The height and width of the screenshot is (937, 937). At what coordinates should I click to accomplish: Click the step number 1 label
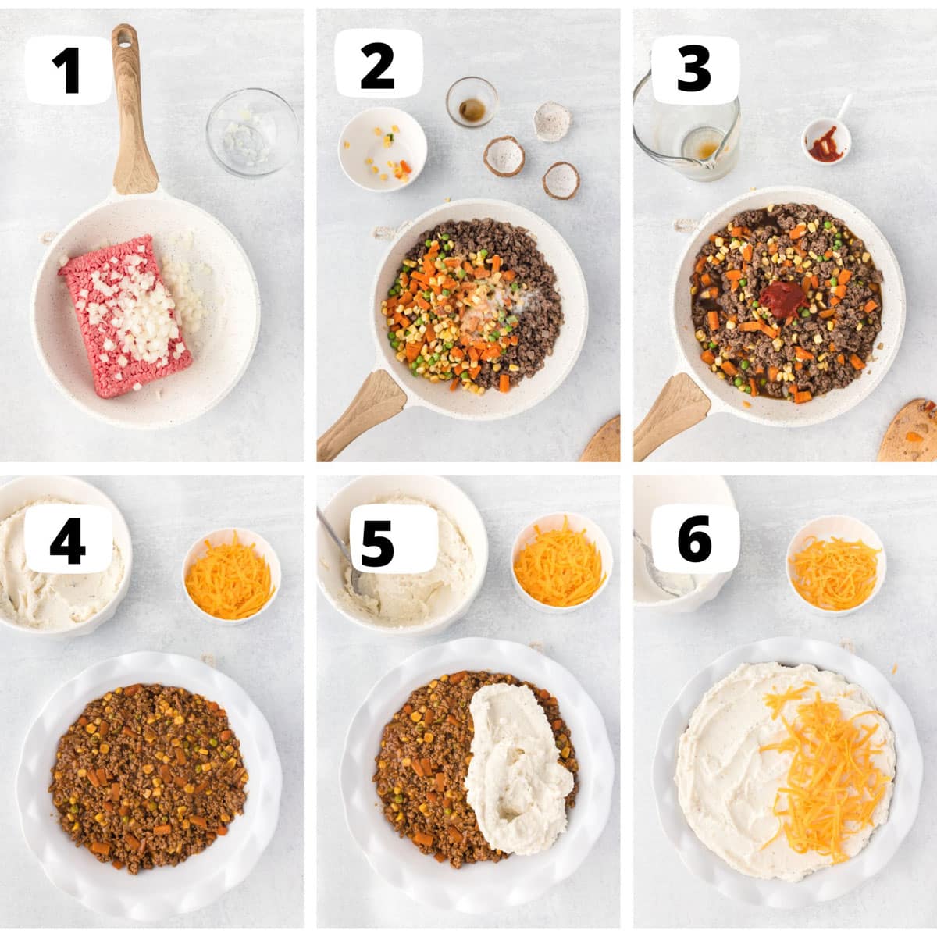pos(69,70)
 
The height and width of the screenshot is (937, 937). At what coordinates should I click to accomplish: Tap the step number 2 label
pos(378,66)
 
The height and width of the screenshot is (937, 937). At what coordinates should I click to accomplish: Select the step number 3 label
pos(693,69)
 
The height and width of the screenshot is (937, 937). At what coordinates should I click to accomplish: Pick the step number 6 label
pos(694,540)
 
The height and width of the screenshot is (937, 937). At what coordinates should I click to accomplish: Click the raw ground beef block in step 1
pos(125,315)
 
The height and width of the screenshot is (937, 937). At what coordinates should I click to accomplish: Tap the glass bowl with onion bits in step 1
pos(252,132)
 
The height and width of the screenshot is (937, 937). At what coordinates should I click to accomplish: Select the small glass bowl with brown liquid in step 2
pos(472,102)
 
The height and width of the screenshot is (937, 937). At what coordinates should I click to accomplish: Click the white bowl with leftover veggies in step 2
pos(383,149)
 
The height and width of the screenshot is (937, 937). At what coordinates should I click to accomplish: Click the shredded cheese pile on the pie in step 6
pos(824,773)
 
